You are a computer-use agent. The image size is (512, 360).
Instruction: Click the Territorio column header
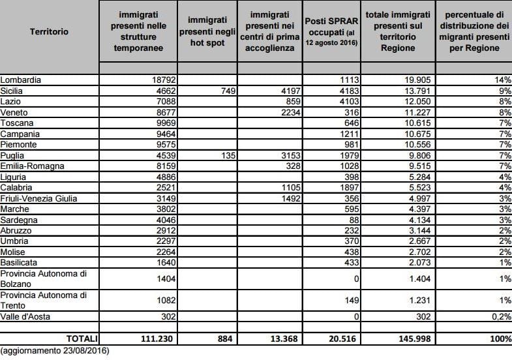tap(49, 32)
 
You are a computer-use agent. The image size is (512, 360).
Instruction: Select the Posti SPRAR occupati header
tap(331, 32)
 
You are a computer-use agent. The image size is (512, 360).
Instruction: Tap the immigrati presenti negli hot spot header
tap(207, 32)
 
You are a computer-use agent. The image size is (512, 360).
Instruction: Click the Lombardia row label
tap(21, 80)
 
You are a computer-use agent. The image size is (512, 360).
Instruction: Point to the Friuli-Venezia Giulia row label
tap(38, 198)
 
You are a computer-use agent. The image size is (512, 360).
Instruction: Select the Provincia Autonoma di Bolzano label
tap(44, 278)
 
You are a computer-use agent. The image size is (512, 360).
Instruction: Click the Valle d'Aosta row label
tap(25, 316)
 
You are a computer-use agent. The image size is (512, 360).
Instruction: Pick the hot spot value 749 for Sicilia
tap(228, 91)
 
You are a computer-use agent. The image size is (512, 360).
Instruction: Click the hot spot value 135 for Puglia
tap(228, 155)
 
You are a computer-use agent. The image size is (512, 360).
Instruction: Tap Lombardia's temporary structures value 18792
tap(164, 80)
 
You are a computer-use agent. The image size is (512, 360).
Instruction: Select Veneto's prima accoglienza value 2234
tap(291, 112)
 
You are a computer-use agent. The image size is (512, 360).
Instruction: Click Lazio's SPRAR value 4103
tap(350, 102)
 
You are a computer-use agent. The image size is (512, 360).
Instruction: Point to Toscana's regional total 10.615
tap(417, 123)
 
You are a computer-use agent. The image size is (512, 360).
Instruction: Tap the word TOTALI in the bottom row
tap(82, 338)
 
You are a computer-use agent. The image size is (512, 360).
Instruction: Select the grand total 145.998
tap(415, 338)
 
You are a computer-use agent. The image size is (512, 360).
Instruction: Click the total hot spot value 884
tap(225, 338)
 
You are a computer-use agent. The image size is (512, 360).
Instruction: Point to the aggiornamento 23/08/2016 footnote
tap(55, 351)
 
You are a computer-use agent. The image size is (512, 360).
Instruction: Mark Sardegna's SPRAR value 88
tap(354, 220)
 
